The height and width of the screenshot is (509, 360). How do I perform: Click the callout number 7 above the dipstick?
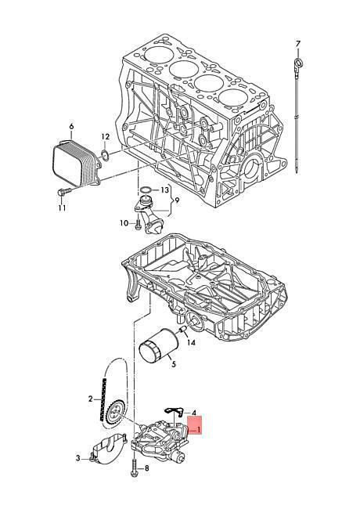(298, 43)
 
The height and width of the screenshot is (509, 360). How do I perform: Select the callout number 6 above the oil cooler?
(72, 126)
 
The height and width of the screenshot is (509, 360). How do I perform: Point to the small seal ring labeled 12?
(104, 155)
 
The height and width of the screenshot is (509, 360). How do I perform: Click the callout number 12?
(106, 137)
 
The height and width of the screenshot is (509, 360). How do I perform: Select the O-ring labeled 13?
(146, 190)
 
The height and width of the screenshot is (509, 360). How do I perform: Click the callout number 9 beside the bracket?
(177, 200)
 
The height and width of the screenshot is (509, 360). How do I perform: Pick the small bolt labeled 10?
(138, 224)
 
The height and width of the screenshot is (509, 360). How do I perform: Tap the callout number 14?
(192, 342)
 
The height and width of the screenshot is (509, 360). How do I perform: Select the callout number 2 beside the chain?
(91, 399)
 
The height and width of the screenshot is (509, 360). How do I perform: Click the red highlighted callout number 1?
(199, 430)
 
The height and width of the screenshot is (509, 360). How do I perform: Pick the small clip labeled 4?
(175, 411)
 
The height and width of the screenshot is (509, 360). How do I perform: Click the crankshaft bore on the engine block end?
(252, 168)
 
